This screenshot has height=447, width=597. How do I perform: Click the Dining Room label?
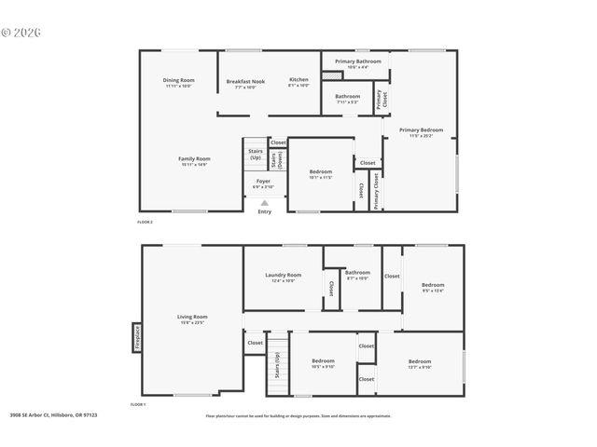[x=179, y=82]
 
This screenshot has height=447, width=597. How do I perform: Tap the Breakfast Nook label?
[x=245, y=83]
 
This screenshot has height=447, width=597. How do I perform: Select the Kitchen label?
[x=298, y=82]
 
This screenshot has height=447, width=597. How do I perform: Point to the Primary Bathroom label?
[x=357, y=63]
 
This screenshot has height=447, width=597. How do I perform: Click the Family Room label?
[x=195, y=160]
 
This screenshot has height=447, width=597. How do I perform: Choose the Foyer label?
[x=264, y=183]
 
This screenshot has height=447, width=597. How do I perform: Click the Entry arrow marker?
[x=265, y=202]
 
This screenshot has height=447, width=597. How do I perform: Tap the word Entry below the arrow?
[x=265, y=212]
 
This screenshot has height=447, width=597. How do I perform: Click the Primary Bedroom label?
[x=421, y=131]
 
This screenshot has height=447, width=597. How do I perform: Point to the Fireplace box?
[x=137, y=336]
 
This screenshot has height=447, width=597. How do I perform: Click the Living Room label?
[x=192, y=319]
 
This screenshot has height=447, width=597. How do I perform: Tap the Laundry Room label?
[x=283, y=277]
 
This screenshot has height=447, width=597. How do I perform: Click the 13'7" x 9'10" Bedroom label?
[x=419, y=363]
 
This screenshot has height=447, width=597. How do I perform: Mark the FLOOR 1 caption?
[x=138, y=404]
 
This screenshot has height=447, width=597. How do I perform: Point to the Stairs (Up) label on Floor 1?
[x=277, y=365]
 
